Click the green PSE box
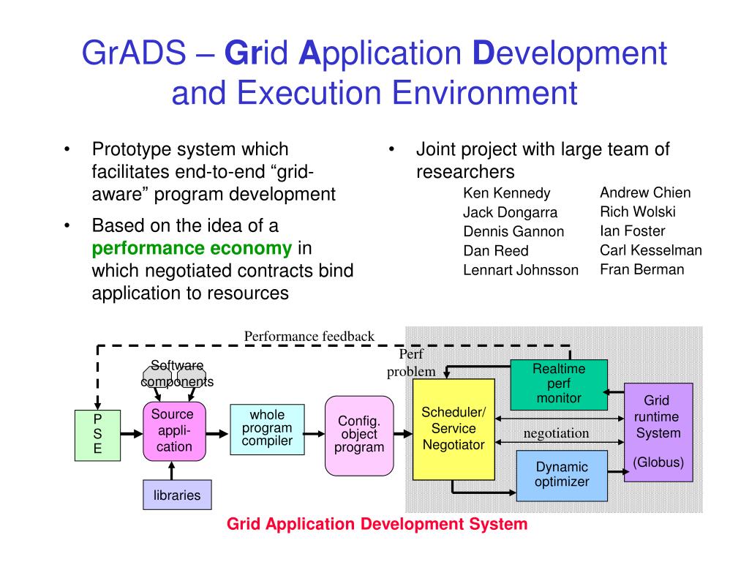97,435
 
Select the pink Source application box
174,431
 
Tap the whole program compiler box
267,429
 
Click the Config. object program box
359,435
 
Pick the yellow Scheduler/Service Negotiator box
453,429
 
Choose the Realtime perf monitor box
559,384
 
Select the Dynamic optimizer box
562,475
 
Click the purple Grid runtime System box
658,432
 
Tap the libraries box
177,495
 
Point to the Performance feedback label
309,337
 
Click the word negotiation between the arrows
556,433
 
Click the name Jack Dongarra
511,213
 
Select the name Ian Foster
632,231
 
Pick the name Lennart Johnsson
521,270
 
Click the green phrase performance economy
192,248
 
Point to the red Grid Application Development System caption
377,524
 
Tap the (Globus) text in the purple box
658,462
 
